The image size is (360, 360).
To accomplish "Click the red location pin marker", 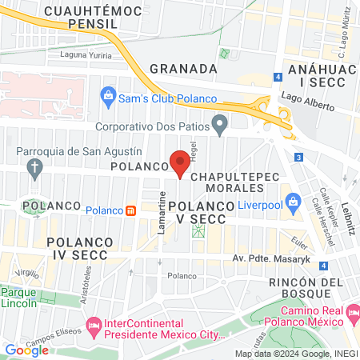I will point(180,164).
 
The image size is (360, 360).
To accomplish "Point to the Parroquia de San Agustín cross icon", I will point(34,168).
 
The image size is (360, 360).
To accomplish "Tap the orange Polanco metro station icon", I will point(130,210).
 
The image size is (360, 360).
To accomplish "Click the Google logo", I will point(26,350).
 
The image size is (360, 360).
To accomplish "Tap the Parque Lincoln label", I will point(18,297).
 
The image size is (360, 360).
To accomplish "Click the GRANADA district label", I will point(183,69).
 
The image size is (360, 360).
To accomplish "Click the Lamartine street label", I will point(162,212).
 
